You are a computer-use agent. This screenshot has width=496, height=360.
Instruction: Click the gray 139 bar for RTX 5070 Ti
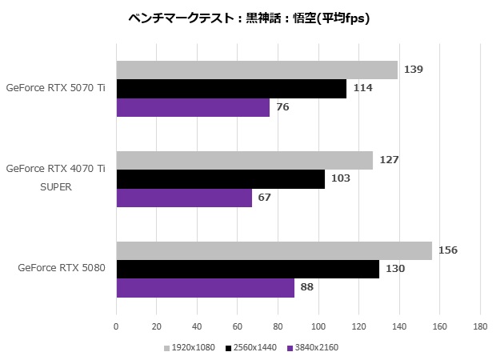pos(256,70)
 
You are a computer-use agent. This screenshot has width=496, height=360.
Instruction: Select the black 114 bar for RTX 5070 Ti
pos(231,89)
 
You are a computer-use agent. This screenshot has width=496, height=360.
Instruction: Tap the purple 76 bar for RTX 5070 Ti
pos(193,107)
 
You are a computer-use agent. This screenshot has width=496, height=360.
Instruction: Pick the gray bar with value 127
pos(244,160)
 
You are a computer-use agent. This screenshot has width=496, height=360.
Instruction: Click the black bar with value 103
pos(220,179)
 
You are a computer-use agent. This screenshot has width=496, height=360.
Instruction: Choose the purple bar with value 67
pos(184,198)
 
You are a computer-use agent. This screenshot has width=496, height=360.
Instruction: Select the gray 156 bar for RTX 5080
pos(274,250)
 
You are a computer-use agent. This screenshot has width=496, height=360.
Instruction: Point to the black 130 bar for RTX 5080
pos(247,269)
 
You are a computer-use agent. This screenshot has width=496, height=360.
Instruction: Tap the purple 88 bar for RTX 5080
pos(205,288)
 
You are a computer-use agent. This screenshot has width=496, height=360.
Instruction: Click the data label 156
pos(448,250)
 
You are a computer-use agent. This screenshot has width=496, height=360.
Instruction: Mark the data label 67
pos(264,198)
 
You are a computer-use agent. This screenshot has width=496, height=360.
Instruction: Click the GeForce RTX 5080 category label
pos(62,269)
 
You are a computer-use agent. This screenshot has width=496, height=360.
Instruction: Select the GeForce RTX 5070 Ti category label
pos(55,89)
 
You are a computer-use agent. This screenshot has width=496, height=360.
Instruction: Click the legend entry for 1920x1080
pos(190,348)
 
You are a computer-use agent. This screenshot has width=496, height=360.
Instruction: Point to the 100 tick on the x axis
pos(318,326)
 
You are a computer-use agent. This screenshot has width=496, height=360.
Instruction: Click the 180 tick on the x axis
pos(480,326)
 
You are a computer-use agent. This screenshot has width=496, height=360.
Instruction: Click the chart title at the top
pos(249,17)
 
